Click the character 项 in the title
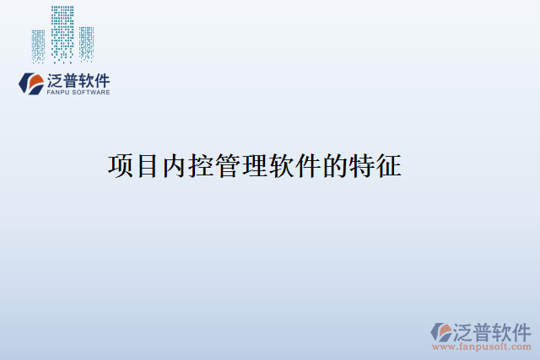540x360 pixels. click(121, 166)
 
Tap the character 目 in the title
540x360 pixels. click(148, 166)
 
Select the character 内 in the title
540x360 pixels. click(175, 166)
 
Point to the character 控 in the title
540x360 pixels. click(202, 166)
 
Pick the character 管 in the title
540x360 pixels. click(229, 166)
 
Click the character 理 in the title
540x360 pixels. click(255, 166)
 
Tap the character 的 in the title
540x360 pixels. click(335, 166)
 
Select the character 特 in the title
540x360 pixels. click(362, 166)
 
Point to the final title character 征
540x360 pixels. click(389, 166)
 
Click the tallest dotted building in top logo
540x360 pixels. click(62, 34)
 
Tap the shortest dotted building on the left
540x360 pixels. click(39, 46)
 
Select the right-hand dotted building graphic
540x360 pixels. click(86, 44)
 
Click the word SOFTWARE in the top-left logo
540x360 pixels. click(91, 93)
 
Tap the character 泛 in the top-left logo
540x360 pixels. click(56, 81)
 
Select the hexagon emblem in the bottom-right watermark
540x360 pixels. click(442, 331)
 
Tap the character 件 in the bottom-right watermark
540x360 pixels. click(522, 330)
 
